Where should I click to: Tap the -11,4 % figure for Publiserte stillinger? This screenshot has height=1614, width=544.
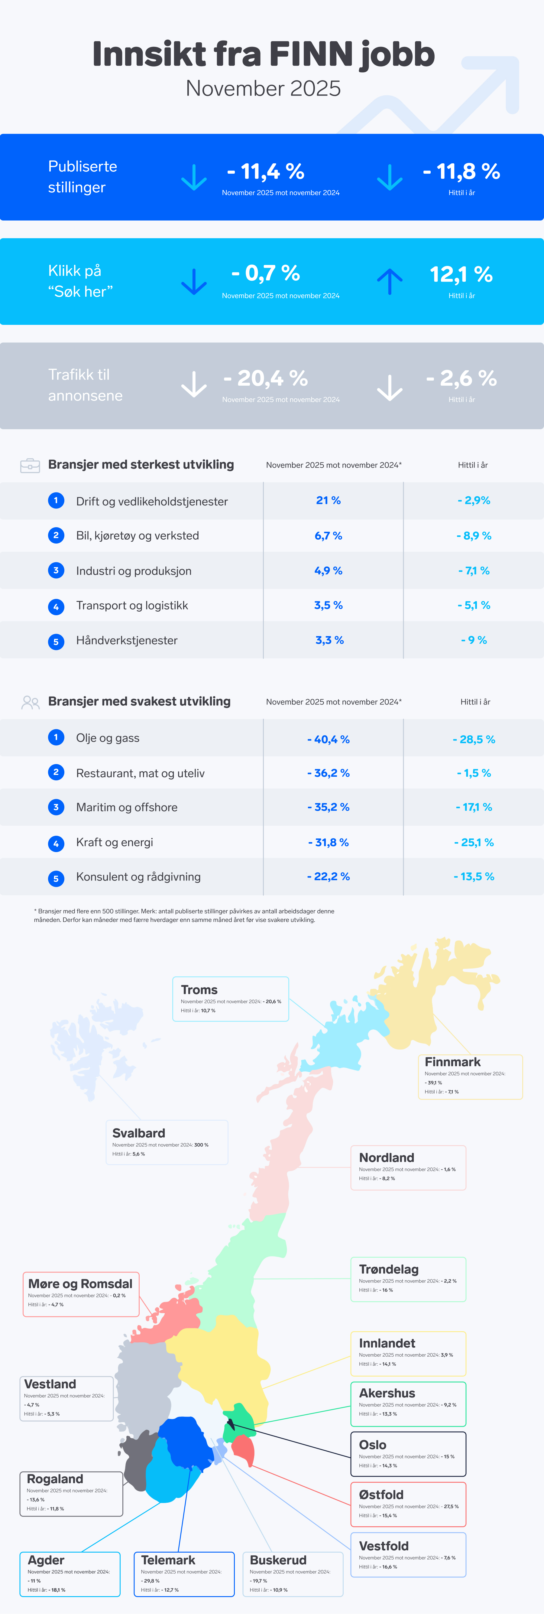click(265, 171)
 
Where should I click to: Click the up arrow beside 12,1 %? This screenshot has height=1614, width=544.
click(389, 281)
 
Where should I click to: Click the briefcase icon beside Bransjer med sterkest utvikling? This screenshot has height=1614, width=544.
click(30, 466)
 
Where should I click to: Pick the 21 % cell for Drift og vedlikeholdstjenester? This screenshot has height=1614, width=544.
click(328, 500)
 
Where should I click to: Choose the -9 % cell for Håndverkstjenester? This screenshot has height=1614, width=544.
click(473, 640)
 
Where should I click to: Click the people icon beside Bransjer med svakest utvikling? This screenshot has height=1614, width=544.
click(30, 702)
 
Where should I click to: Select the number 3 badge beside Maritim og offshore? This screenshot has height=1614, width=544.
click(56, 807)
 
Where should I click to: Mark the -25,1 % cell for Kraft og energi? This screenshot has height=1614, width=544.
click(473, 842)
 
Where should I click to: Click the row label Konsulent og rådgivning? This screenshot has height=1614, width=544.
click(138, 877)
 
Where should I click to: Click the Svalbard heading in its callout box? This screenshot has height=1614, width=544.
click(138, 1133)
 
